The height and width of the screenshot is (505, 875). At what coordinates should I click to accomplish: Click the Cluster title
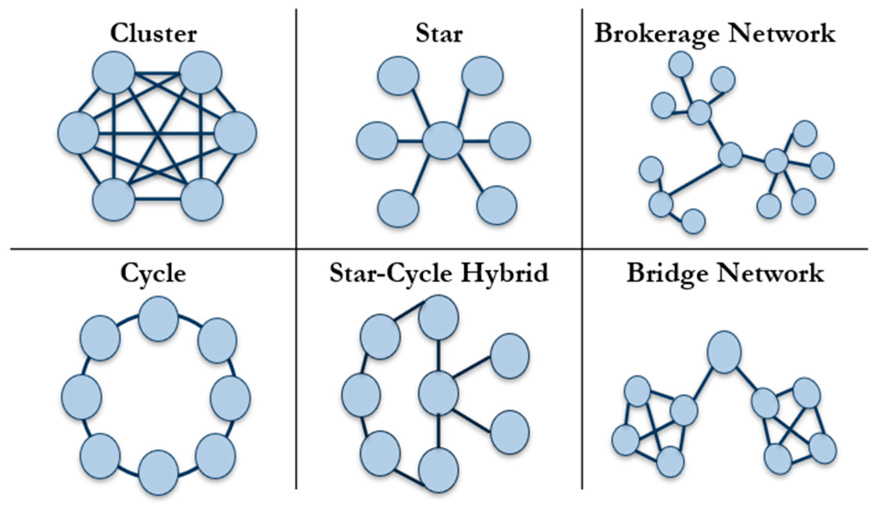click(x=153, y=34)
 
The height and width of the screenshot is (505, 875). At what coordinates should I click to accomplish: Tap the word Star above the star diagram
click(x=439, y=34)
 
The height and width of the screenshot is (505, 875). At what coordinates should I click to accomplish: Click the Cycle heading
click(x=153, y=274)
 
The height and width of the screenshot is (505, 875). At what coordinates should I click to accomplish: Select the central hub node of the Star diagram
click(x=443, y=141)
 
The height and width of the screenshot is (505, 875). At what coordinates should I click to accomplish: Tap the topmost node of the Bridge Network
click(x=724, y=352)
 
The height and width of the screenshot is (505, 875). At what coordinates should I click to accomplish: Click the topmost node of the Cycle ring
click(x=159, y=319)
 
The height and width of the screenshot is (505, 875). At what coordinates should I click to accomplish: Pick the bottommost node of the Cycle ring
click(x=159, y=474)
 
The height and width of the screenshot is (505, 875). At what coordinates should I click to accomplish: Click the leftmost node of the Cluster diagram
click(x=78, y=133)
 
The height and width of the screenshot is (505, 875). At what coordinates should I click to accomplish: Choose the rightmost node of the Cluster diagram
click(x=236, y=133)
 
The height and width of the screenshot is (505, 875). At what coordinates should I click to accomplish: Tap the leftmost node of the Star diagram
click(x=377, y=141)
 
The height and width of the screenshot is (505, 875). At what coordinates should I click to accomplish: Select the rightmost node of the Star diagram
click(x=510, y=141)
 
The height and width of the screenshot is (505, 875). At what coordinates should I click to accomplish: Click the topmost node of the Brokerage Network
click(x=681, y=64)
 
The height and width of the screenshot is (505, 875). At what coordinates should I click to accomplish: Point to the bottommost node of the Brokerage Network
click(x=693, y=221)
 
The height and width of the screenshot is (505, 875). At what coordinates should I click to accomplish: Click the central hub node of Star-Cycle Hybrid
click(x=439, y=393)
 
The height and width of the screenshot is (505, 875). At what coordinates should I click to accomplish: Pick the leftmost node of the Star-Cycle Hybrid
click(x=361, y=396)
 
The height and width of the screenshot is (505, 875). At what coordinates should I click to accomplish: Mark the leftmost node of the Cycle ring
click(x=82, y=397)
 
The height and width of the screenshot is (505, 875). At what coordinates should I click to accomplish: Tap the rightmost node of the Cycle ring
click(x=230, y=398)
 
